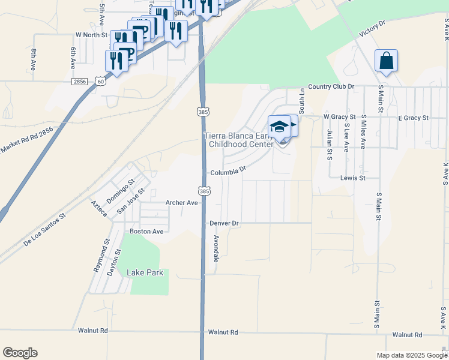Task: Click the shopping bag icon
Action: (387, 61)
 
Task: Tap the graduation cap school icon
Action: (279, 127)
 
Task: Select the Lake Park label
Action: (145, 272)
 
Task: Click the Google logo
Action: (20, 353)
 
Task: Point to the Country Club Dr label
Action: (331, 86)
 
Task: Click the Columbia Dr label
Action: (228, 172)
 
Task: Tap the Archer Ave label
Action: (182, 203)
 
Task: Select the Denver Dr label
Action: (224, 223)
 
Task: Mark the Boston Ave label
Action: (147, 231)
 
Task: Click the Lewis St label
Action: (353, 178)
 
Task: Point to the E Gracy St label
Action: (413, 118)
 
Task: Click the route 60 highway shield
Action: (101, 81)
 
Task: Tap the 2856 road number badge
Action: (79, 81)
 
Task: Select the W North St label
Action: (90, 35)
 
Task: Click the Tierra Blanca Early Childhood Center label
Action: (240, 140)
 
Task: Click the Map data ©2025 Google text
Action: (411, 355)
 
